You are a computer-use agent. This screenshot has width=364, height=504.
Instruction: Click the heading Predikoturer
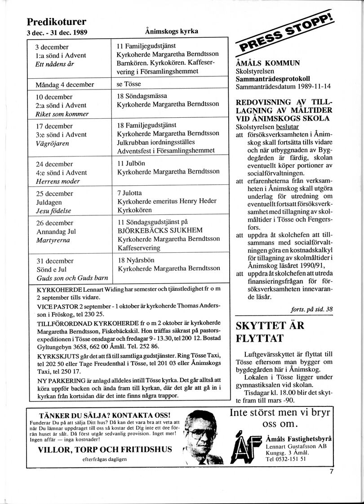coord(57,22)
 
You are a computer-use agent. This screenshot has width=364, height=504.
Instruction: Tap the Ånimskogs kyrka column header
coord(172,31)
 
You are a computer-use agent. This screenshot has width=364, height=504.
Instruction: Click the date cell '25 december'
coord(54,194)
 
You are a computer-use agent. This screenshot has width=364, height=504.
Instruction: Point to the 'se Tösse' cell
coord(129,84)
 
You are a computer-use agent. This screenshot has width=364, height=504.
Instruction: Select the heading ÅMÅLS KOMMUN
coord(268,63)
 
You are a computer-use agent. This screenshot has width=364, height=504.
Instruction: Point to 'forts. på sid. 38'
coord(312,309)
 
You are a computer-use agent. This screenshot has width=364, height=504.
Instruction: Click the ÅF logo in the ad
coord(247,447)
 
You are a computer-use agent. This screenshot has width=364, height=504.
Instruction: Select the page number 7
coord(331,472)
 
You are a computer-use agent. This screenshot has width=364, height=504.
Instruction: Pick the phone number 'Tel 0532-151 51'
coord(286,459)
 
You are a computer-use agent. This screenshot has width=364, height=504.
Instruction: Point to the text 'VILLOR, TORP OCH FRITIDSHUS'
coord(105,449)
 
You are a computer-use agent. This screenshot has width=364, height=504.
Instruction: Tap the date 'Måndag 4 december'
coord(65,85)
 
